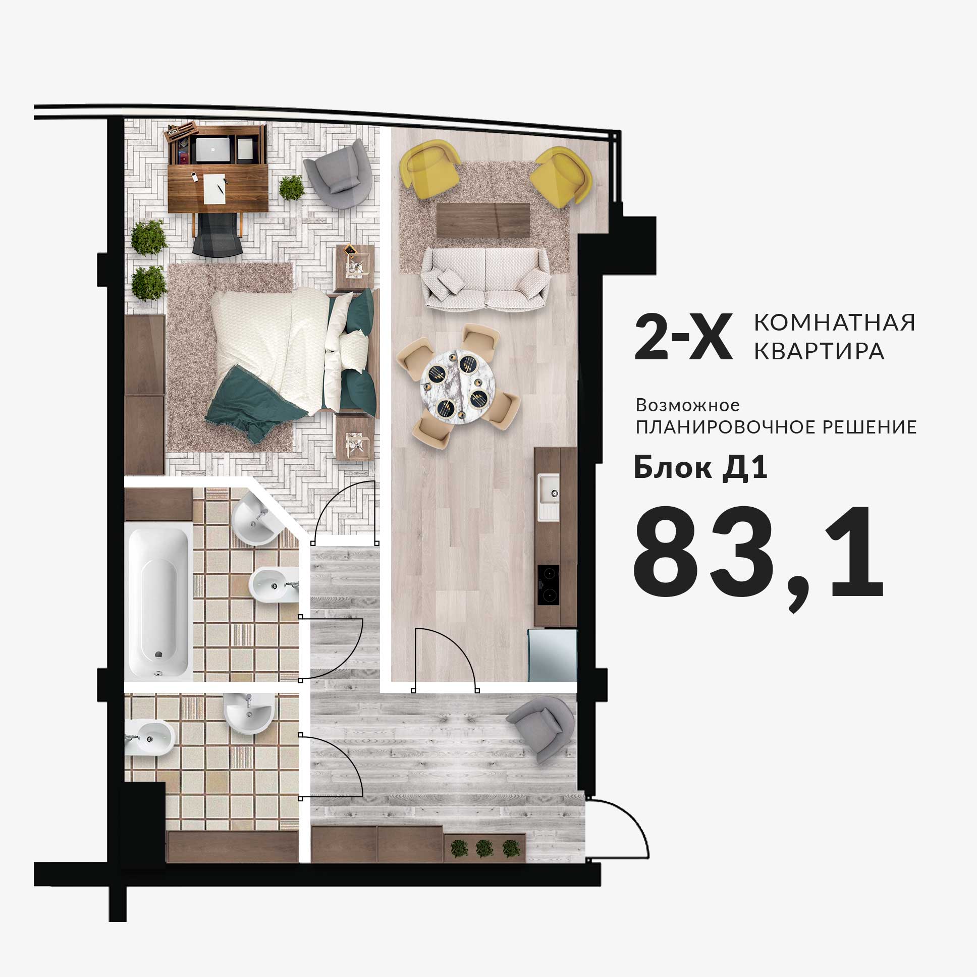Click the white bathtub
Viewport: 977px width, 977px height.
158,602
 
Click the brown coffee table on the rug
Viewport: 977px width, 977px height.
483,220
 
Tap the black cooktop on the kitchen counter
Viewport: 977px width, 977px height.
548,584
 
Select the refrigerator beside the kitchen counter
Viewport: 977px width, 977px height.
552,655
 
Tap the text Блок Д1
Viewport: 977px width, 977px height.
700,468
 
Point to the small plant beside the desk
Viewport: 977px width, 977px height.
292,188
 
